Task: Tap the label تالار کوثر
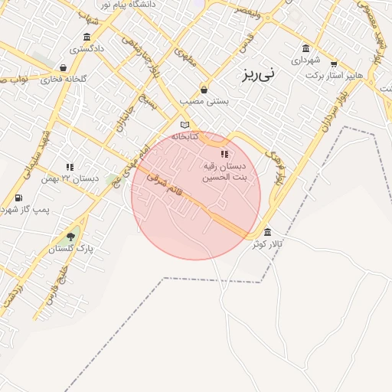coord(269,243)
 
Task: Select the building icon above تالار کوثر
coord(267,232)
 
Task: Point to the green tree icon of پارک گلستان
coord(71,237)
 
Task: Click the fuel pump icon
coord(18,198)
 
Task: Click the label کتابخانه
coord(185,136)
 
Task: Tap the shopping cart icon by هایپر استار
coord(333,64)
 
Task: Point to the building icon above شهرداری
coord(306,48)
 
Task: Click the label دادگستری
coord(87,49)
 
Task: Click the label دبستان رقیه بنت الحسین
coord(224,171)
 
